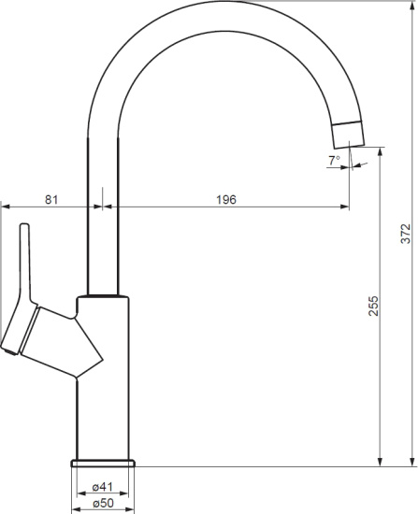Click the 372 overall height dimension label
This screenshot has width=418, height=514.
406,234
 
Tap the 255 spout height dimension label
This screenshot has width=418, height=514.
373,306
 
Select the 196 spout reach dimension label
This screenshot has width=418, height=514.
226,199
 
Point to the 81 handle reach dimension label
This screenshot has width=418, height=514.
51,199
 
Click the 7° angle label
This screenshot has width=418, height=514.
335,161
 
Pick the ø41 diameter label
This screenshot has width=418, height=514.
103,487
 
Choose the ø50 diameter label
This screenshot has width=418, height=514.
103,503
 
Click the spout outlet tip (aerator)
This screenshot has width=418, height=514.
349,135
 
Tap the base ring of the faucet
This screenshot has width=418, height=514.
103,464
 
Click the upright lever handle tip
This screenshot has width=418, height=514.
24,226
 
